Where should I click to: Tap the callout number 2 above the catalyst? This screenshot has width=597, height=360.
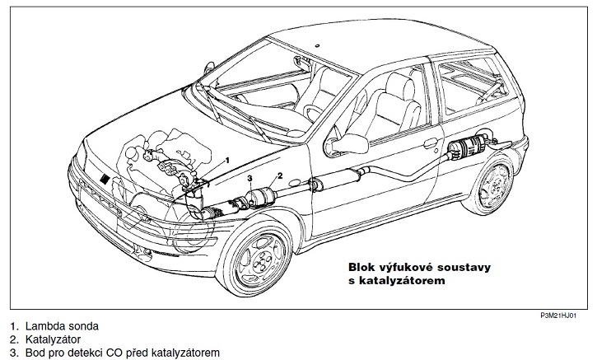click(280, 176)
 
